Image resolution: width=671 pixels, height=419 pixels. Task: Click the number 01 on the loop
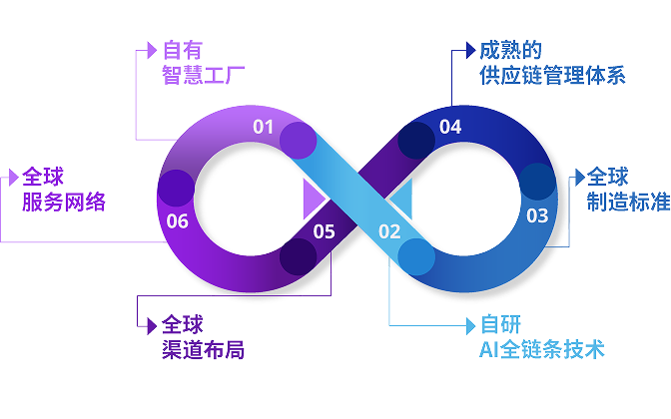tap(263, 126)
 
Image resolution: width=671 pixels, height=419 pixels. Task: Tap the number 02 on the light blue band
tap(389, 232)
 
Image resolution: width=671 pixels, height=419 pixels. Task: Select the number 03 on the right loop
tap(537, 214)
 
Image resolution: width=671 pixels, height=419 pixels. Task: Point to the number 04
tap(450, 127)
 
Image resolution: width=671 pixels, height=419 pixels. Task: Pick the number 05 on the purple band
tap(324, 232)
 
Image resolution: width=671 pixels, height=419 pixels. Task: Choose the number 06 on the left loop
tap(178, 220)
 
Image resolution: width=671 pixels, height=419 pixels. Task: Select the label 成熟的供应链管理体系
tap(551, 62)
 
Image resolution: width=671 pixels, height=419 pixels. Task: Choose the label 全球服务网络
tap(63, 190)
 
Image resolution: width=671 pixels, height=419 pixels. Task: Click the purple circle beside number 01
tap(298, 142)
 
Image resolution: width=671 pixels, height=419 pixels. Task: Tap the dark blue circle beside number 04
tap(416, 142)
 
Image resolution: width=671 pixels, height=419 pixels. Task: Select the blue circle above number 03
tap(537, 181)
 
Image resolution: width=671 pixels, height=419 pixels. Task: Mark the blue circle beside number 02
tap(416, 256)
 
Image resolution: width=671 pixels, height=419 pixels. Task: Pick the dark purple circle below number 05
tap(298, 257)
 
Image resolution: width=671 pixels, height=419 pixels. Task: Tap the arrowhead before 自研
tap(470, 324)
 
